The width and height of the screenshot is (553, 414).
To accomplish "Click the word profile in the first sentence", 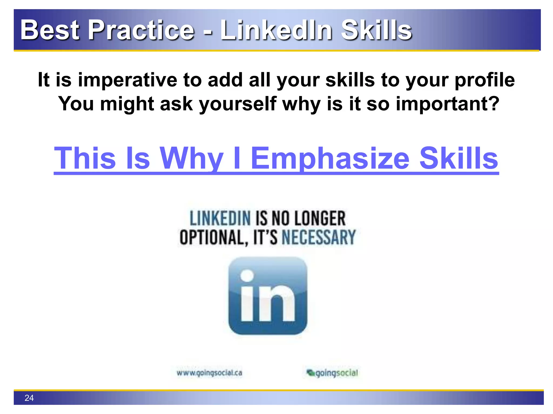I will [485, 80].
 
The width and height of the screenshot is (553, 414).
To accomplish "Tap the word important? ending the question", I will [447, 104].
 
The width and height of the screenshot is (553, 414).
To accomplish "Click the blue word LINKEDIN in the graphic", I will [220, 218].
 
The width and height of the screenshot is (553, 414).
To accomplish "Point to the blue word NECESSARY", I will [319, 237].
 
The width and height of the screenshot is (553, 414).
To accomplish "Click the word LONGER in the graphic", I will [320, 218].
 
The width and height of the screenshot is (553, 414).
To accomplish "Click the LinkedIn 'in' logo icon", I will [268, 296].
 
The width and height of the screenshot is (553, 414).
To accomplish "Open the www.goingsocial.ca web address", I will [209, 373].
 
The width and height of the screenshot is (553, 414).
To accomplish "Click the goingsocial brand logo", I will [332, 373].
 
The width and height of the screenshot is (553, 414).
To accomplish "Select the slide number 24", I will [29, 398].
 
